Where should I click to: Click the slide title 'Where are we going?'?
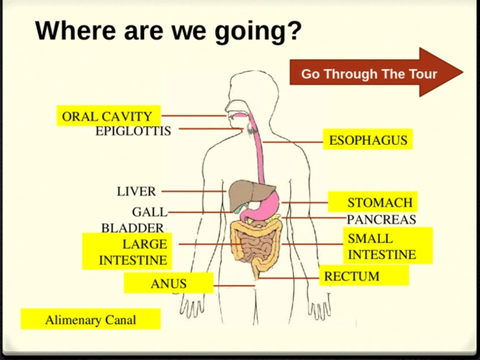(168, 31)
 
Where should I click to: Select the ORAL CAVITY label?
(107, 116)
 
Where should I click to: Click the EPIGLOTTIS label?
(133, 130)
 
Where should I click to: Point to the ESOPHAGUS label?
(368, 140)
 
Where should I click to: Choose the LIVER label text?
(136, 192)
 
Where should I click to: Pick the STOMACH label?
(379, 202)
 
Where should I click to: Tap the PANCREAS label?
(381, 220)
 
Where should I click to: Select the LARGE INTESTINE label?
(132, 251)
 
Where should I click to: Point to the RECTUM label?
(351, 276)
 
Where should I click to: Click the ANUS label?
(168, 284)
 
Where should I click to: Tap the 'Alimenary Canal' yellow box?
(91, 319)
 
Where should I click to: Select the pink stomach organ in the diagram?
(267, 205)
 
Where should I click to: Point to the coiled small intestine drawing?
(257, 247)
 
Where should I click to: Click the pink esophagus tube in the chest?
(257, 155)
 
